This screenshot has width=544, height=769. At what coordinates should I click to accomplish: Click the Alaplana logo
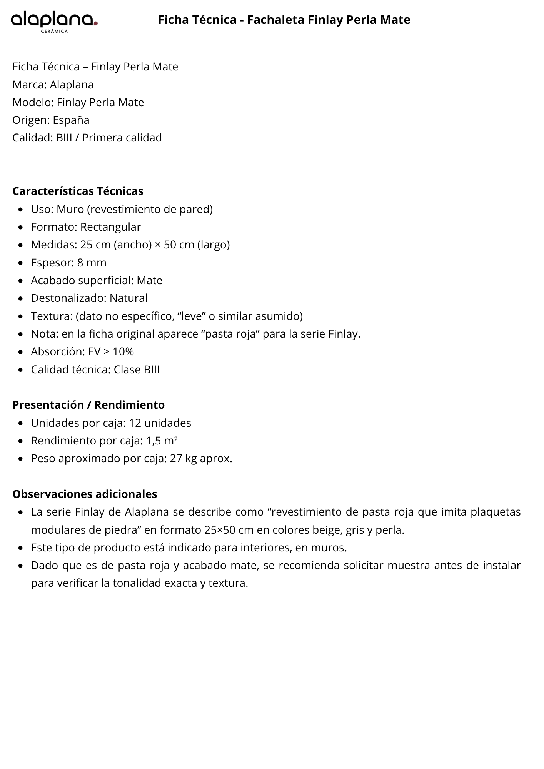click(x=54, y=20)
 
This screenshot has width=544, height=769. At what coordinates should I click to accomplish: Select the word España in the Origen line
click(x=71, y=120)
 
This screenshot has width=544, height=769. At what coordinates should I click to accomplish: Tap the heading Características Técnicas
click(x=78, y=191)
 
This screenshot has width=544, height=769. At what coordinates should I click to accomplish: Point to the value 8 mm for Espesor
click(x=92, y=263)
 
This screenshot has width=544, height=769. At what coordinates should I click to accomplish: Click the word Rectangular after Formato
click(x=110, y=227)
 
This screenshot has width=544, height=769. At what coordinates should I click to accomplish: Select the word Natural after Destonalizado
click(x=128, y=298)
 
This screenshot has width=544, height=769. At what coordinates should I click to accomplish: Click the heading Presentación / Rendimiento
click(x=88, y=405)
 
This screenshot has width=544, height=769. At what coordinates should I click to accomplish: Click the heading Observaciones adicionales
click(x=85, y=494)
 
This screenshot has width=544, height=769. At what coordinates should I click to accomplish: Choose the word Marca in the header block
click(x=29, y=85)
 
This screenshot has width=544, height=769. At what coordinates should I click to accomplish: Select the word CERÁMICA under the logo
click(x=54, y=32)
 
